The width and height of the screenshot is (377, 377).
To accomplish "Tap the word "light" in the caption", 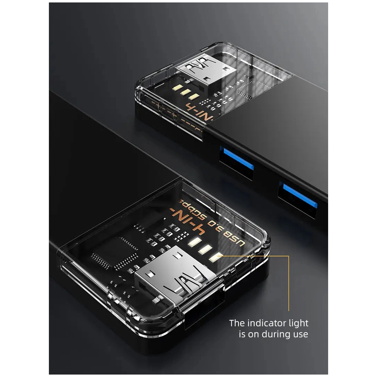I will click(x=296, y=323).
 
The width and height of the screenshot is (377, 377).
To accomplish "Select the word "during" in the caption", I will click(x=275, y=334).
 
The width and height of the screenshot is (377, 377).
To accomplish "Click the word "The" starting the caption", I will click(x=237, y=323).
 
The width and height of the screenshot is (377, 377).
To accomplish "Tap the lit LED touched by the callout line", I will click(x=214, y=257).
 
